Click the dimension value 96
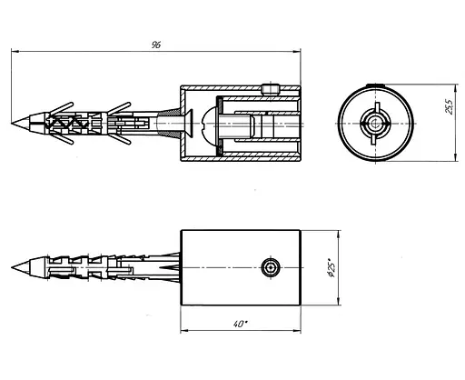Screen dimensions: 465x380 [156, 45]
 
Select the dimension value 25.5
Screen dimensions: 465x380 [450, 106]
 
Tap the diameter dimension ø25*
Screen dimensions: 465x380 [331, 267]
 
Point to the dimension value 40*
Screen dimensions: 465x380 [241, 324]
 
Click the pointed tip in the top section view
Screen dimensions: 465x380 [12, 123]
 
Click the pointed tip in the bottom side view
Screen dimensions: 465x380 [12, 267]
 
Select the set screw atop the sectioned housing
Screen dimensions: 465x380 [270, 89]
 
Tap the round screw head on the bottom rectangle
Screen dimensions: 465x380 [271, 267]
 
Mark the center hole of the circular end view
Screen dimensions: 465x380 [375, 124]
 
